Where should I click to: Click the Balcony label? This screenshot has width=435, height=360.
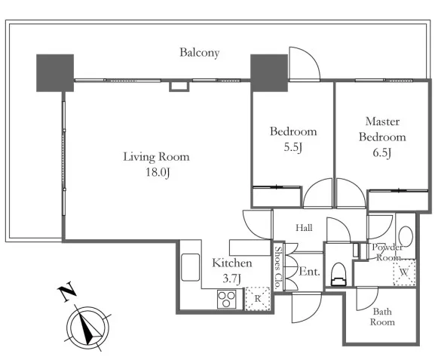tap(200, 53)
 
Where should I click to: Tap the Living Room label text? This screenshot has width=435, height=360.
tap(156, 157)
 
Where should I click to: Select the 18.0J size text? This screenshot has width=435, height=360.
tap(158, 173)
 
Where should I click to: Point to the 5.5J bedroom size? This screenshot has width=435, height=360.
tap(293, 147)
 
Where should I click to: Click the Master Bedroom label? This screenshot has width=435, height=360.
tap(382, 129)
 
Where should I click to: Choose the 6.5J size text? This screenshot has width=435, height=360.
tap(382, 152)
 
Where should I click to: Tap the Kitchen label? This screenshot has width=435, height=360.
tap(232, 263)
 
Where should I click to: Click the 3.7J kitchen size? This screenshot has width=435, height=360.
tap(231, 278)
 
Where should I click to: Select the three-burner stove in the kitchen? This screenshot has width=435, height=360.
tap(227, 299)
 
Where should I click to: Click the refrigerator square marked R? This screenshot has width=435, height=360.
tap(257, 299)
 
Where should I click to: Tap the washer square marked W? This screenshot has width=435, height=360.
tap(404, 272)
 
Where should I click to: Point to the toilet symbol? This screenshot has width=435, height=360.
tap(339, 274)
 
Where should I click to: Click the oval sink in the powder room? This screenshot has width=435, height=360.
tap(406, 237)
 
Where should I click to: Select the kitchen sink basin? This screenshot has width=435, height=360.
tap(190, 267)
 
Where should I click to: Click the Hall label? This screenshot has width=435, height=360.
tap(304, 228)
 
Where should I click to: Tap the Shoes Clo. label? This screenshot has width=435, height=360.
tap(277, 267)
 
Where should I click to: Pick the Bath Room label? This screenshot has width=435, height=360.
tap(382, 317)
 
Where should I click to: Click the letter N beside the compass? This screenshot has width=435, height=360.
tap(67, 291)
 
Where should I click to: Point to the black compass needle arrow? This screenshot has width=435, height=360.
tap(88, 325)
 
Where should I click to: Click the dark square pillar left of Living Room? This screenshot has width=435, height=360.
tap(55, 72)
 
